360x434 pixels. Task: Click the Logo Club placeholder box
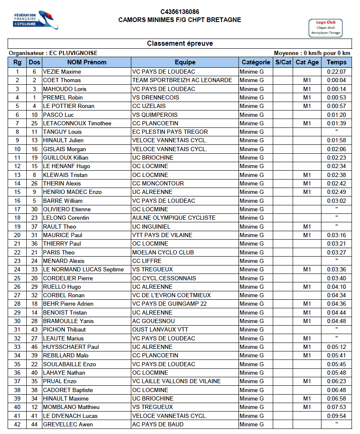[x=326, y=28]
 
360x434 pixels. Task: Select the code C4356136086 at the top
[x=180, y=12]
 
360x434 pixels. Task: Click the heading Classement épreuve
[x=180, y=44]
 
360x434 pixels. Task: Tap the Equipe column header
[x=185, y=62]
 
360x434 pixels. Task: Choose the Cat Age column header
[x=307, y=62]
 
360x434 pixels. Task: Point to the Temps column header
[x=336, y=62]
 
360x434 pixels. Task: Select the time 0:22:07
[x=336, y=72]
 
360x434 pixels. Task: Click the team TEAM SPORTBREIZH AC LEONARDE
[x=182, y=80]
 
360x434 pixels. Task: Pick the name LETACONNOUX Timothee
[x=77, y=123]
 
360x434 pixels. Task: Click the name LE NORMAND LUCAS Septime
[x=83, y=269]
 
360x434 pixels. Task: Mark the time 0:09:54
[x=336, y=416]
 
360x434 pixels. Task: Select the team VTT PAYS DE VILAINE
[x=162, y=235]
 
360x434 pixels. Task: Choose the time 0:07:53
[x=336, y=407]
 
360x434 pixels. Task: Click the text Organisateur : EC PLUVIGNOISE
[x=53, y=53]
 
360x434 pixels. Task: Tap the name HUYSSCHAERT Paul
[x=71, y=347]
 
